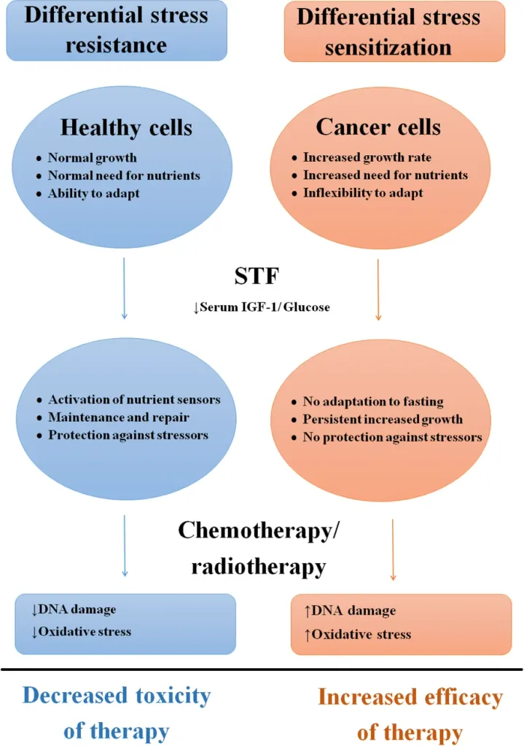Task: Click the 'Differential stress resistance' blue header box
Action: coord(117,30)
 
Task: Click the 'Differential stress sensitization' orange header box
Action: coord(394,31)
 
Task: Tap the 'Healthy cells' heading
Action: coord(126,127)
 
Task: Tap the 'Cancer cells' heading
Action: coord(378,127)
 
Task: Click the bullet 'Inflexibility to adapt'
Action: coord(362,193)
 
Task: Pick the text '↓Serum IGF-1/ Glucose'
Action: coord(262,307)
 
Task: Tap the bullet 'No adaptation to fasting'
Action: coord(373,402)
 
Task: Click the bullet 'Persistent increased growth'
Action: coord(383,420)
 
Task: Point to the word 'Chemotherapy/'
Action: coord(259,532)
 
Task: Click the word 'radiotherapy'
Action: coord(258,566)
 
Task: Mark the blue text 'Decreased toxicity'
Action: coord(117,695)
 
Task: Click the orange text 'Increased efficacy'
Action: coord(410,698)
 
